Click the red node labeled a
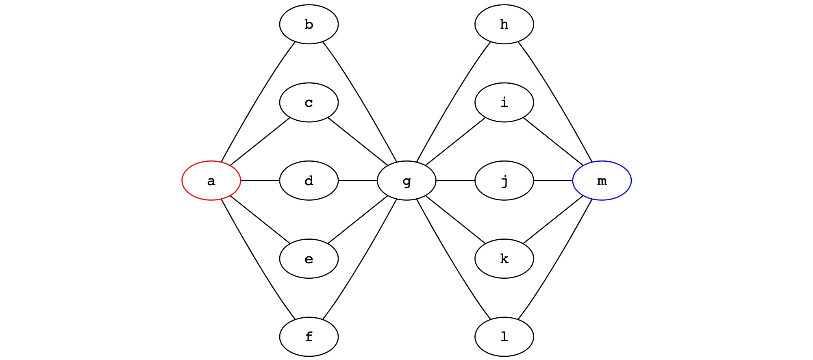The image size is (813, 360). point(211,180)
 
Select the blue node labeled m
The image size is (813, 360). point(602,180)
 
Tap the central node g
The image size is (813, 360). point(406,180)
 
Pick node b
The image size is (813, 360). point(309,24)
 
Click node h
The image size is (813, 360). point(504,24)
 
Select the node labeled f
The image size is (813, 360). point(309,336)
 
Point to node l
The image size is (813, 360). point(504,336)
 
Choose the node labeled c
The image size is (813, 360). point(309,102)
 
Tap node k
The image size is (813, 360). point(504,258)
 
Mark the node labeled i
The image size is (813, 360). point(504,102)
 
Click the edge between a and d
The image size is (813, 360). point(260,180)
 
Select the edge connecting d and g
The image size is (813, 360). point(358,180)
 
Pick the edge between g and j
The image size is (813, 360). point(455,180)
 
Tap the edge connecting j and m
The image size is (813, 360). point(553,180)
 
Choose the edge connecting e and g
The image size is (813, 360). point(358,221)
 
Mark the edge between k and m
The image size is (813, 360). point(553,221)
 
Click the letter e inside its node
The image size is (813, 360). point(309,259)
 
